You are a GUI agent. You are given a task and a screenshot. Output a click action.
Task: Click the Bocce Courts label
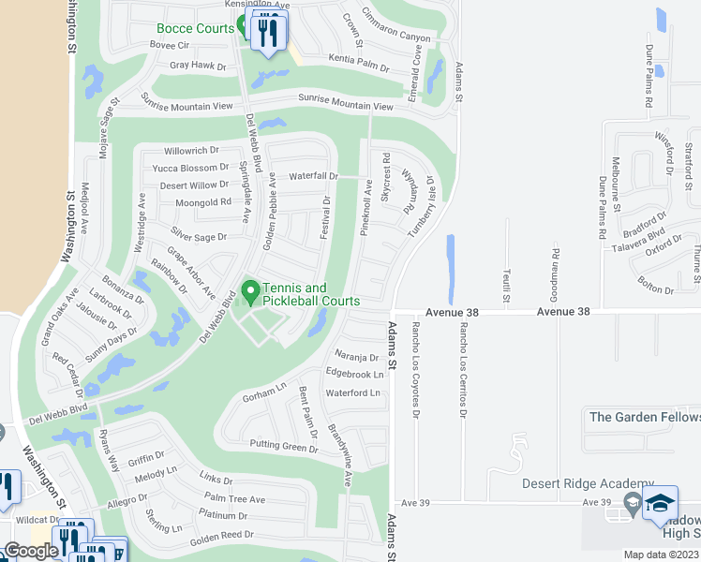[x=195, y=29]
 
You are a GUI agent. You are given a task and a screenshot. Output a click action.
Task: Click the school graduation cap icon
[x=660, y=504]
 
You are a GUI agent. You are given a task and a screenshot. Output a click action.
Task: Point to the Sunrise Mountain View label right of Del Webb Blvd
[x=345, y=102]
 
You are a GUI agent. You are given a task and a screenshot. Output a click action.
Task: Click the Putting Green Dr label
[x=284, y=448]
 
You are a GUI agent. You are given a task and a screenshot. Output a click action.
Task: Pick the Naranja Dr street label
[x=356, y=357]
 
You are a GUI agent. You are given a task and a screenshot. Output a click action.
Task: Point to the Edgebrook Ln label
[x=354, y=374]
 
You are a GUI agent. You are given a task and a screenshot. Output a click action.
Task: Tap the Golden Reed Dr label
[x=222, y=535]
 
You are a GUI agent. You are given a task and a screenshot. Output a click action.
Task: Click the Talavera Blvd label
[x=642, y=236]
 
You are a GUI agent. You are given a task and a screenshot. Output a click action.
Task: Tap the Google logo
[x=31, y=551]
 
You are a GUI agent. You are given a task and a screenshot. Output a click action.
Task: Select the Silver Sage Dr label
[x=199, y=236]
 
